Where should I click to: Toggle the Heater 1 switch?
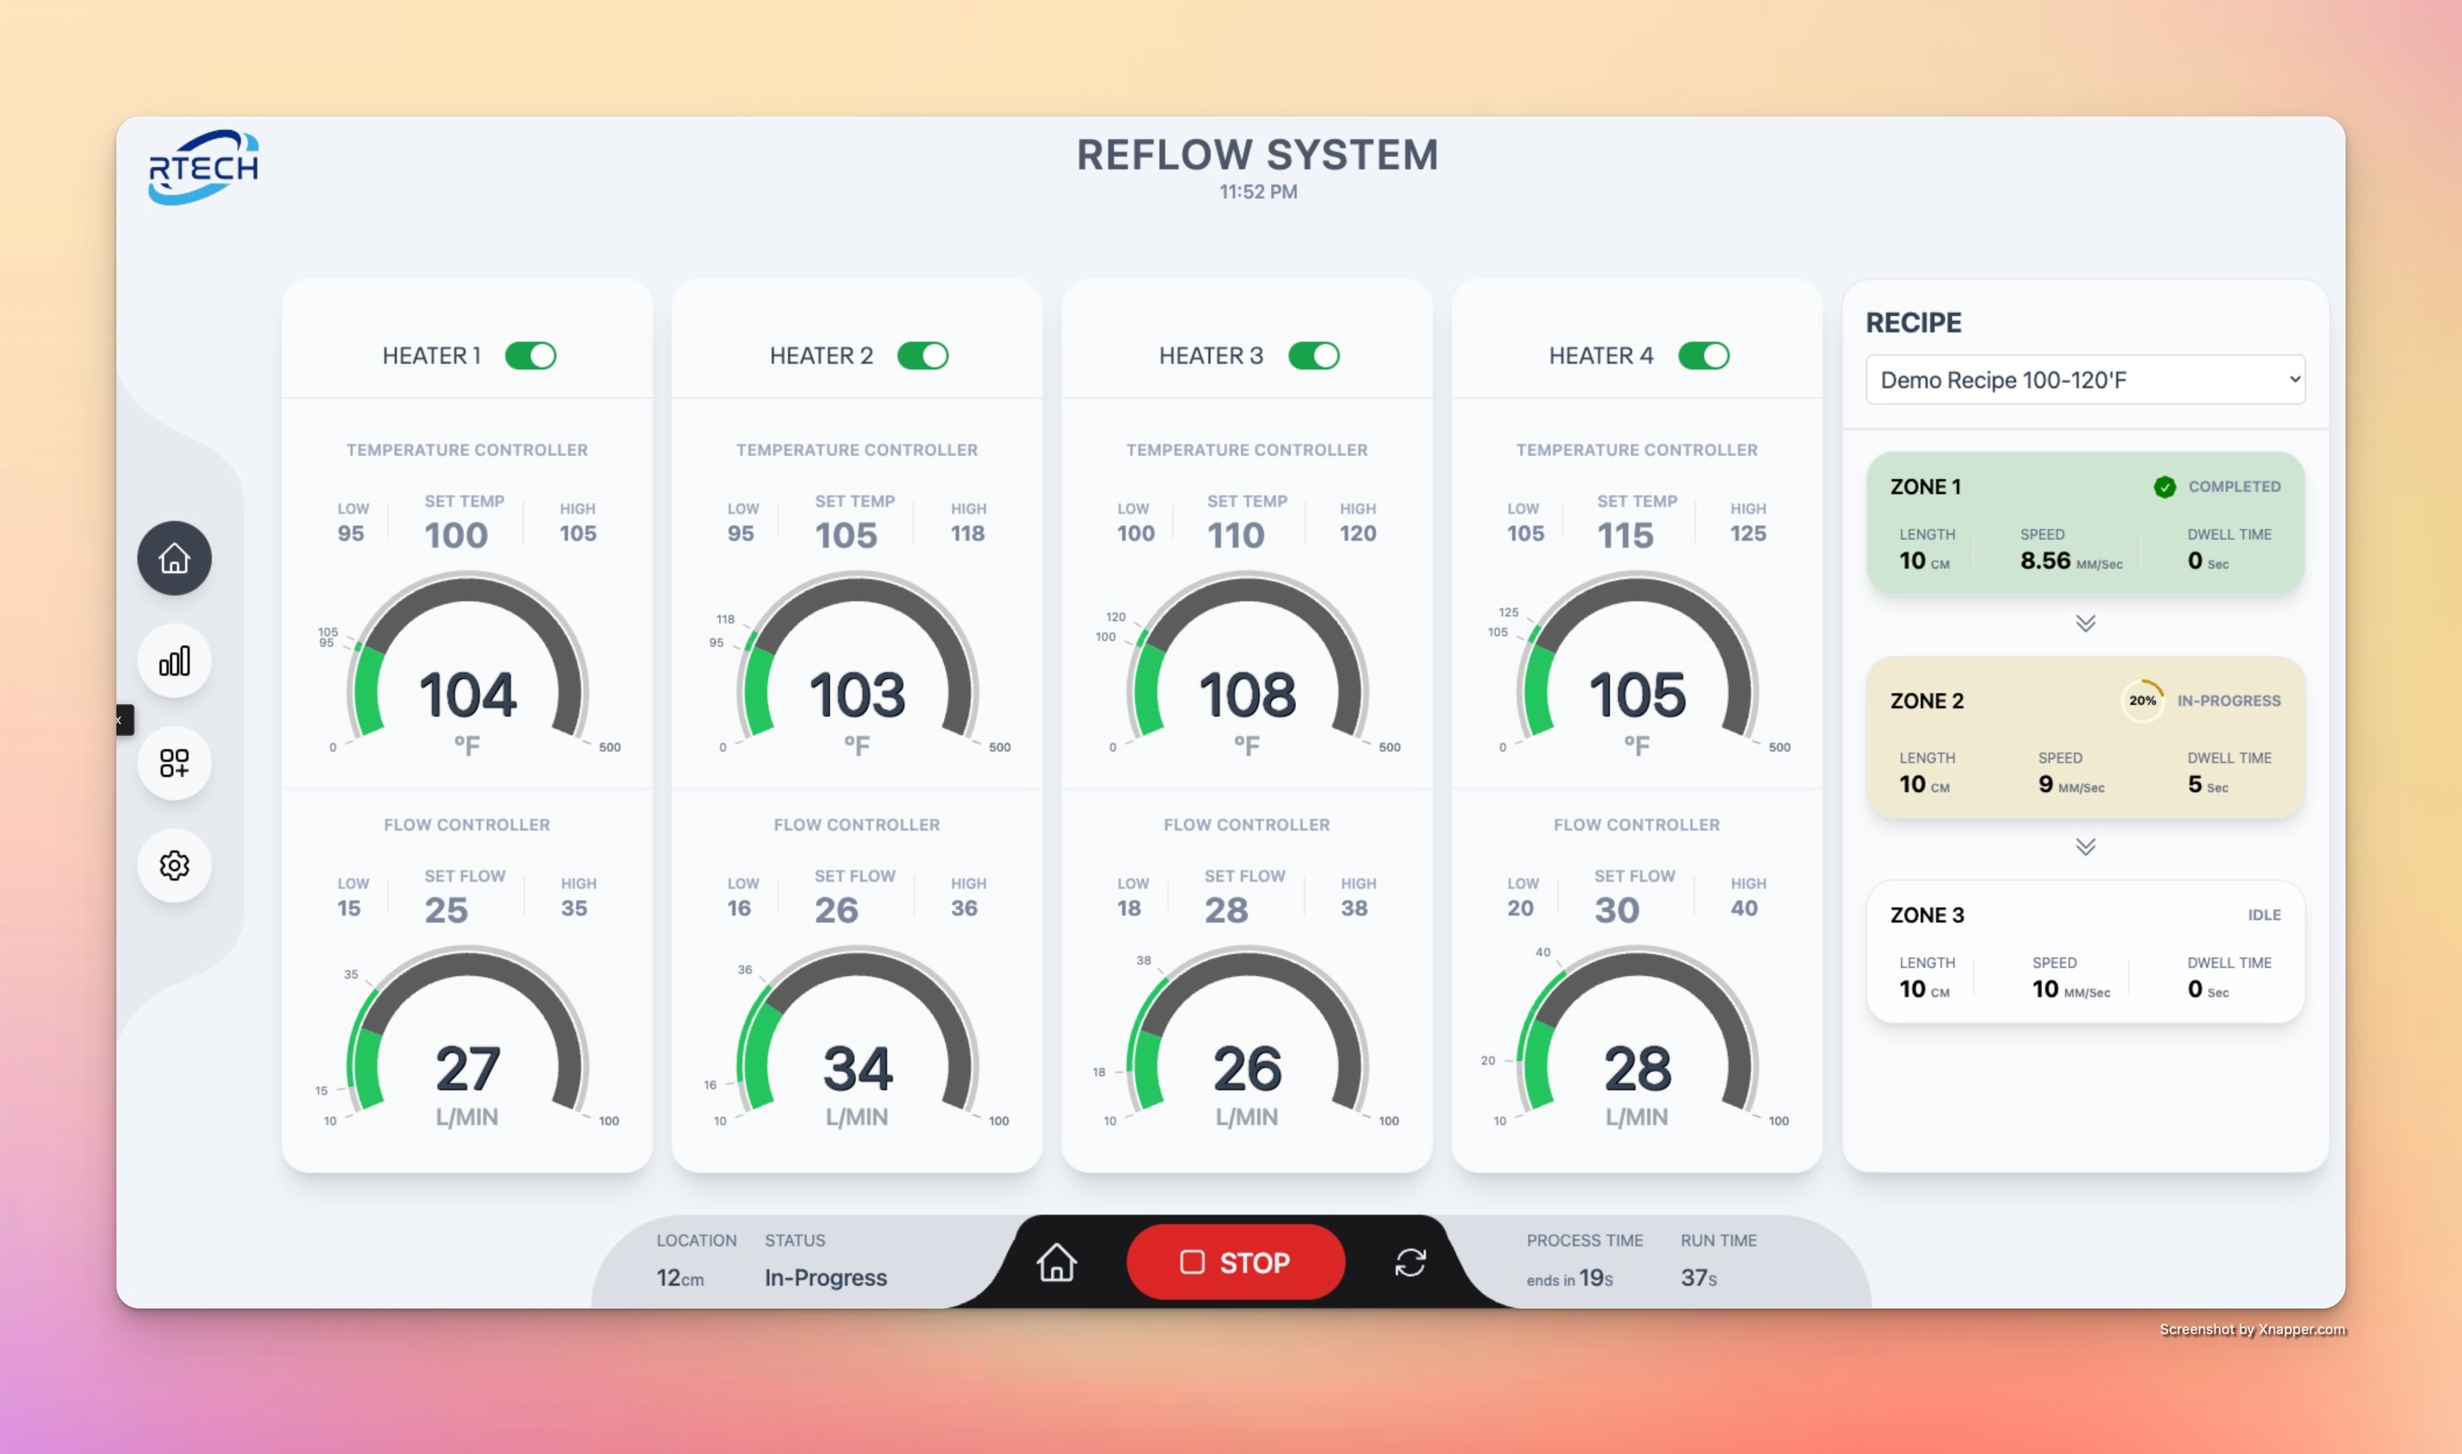click(530, 356)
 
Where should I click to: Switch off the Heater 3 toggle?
click(1313, 356)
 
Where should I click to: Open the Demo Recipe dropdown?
click(2085, 380)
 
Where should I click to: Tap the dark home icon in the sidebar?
click(175, 558)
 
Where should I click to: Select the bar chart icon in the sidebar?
click(175, 661)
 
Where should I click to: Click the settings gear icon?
click(175, 865)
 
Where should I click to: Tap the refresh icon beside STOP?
click(1410, 1262)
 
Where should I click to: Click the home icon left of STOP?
click(1056, 1262)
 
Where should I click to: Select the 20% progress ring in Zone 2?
click(2142, 701)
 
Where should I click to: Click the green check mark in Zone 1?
click(2164, 487)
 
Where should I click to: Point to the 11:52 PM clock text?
click(1258, 192)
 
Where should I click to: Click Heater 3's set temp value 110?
click(1236, 535)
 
